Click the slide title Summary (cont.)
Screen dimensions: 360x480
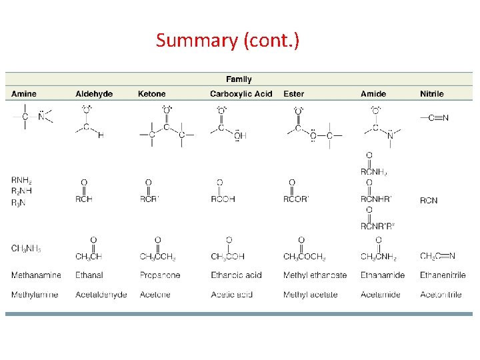tap(227, 41)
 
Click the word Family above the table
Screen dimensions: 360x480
tap(239, 79)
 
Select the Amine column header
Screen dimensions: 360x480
tap(24, 94)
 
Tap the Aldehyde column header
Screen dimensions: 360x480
tap(94, 94)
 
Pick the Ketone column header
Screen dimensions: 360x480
tap(152, 94)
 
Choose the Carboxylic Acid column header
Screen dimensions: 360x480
tap(241, 94)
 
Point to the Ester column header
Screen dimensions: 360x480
tap(293, 94)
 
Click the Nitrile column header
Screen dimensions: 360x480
tap(431, 94)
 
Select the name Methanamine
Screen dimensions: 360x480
tap(36, 275)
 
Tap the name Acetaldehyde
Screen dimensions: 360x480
tap(101, 295)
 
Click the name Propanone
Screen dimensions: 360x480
tap(160, 275)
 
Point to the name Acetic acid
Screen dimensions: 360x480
tap(231, 295)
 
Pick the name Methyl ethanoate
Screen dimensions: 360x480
tap(315, 275)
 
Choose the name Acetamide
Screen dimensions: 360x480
tap(381, 295)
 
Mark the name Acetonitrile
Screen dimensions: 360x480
tap(441, 295)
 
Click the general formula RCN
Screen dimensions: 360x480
tap(429, 200)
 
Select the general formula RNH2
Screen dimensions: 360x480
tap(21, 180)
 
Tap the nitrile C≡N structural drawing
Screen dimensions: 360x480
tap(435, 118)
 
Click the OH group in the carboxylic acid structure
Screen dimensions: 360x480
tap(240, 135)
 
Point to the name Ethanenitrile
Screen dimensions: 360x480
tap(443, 275)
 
